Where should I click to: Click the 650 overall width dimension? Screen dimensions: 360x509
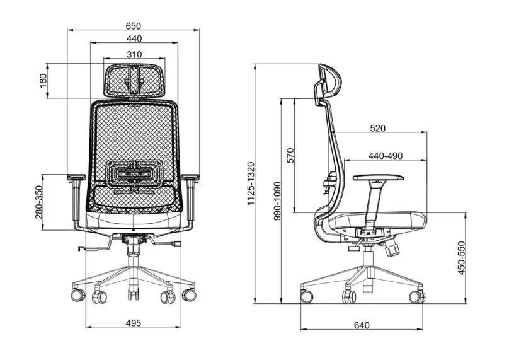pos(133,26)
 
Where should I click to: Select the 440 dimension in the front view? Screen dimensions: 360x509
pos(133,38)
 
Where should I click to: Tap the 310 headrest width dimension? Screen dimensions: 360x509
pos(133,54)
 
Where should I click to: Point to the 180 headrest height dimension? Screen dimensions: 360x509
pos(43,81)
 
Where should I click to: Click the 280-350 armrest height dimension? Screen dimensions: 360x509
pos(39,202)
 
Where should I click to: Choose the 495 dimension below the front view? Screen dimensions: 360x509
pos(133,323)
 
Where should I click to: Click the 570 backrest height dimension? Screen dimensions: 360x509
pos(290,156)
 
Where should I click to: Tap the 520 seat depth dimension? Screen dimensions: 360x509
pos(377,128)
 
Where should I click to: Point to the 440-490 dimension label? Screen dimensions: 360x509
pos(385,156)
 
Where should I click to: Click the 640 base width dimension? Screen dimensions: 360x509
pos(361,325)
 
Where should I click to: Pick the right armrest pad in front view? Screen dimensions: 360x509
pos(190,178)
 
